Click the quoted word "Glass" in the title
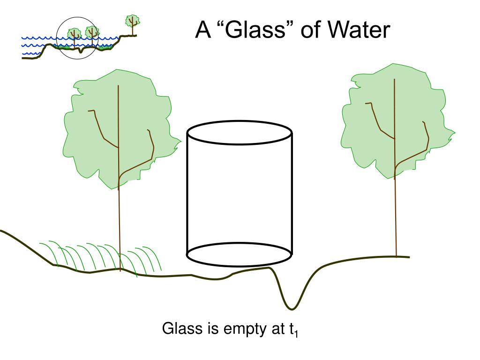pos(252,31)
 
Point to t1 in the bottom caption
pos(293,330)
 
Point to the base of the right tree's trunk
pos(396,255)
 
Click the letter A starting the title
pos(202,31)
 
